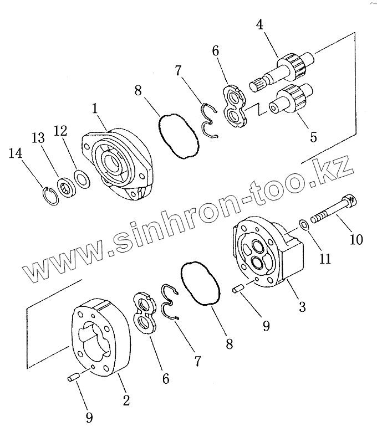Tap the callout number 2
[126, 400]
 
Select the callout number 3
[302, 306]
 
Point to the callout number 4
[260, 25]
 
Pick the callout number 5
[314, 136]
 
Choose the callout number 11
[325, 258]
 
